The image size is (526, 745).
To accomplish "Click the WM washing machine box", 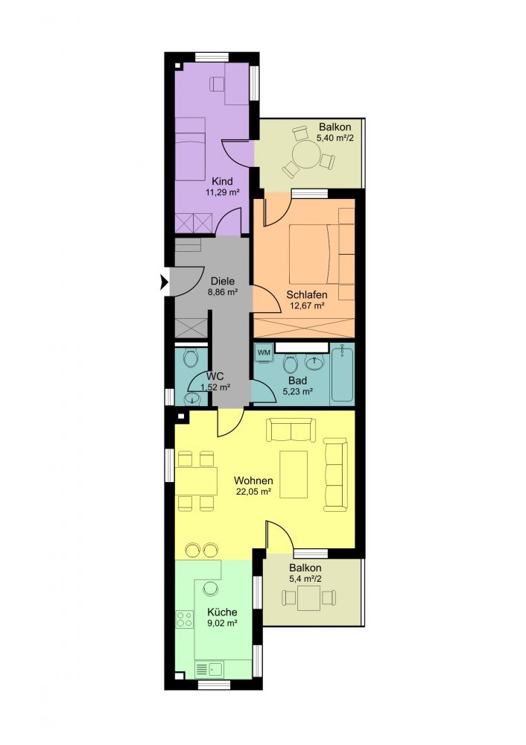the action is click(264, 352).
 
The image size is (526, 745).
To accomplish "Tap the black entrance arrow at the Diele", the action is click(165, 283).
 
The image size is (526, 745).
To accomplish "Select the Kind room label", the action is click(222, 182).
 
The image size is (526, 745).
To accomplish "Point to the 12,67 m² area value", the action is click(307, 305).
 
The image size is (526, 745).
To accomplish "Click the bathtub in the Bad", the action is click(342, 375).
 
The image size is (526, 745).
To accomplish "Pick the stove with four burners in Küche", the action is click(185, 619).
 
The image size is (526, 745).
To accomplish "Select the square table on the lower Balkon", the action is click(309, 598).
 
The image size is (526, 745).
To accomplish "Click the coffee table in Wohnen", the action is click(293, 474).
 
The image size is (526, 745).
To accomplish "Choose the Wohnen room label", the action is click(253, 481).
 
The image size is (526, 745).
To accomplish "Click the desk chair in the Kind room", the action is click(217, 83).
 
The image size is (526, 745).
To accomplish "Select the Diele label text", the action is click(223, 282).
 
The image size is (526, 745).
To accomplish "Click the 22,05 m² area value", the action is click(253, 492).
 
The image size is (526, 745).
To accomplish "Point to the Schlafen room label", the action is click(307, 294).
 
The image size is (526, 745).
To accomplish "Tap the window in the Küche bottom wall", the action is click(213, 685).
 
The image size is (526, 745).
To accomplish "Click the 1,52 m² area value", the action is click(215, 387).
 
